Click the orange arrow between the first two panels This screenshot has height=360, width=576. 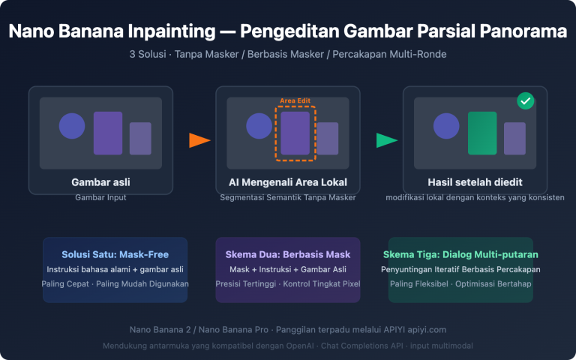click(199, 140)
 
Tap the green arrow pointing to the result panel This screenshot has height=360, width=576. click(386, 140)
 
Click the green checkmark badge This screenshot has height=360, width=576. click(526, 101)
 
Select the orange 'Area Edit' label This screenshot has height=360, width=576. click(295, 100)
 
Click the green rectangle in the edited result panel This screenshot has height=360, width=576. click(482, 133)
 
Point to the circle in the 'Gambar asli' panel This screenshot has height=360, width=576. click(72, 125)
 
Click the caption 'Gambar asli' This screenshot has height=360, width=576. click(100, 181)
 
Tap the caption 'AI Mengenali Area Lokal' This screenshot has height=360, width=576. click(287, 181)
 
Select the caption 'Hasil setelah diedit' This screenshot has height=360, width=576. click(475, 181)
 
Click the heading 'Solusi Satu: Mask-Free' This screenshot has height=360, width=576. click(115, 254)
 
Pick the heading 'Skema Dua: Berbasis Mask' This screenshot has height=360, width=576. click(287, 254)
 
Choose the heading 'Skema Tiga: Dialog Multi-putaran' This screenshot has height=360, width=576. click(460, 254)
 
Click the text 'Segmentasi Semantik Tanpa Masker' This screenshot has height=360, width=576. click(287, 198)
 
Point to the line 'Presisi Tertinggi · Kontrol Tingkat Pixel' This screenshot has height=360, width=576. click(287, 284)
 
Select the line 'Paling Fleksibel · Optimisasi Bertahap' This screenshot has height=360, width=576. click(460, 284)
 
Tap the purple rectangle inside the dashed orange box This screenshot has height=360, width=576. click(295, 133)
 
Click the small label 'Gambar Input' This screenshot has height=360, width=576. click(100, 197)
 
